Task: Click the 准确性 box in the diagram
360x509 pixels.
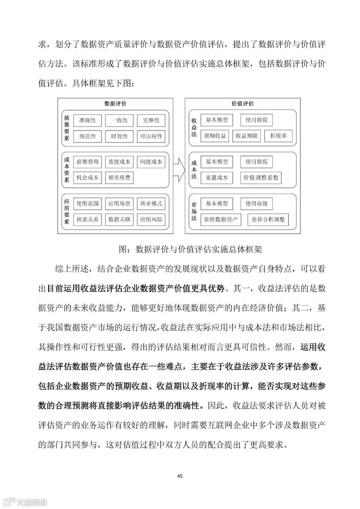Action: pyautogui.click(x=87, y=120)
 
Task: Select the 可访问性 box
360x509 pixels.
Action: pyautogui.click(x=151, y=136)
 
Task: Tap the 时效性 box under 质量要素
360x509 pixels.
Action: pyautogui.click(x=119, y=136)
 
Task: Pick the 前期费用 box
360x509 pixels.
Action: pyautogui.click(x=87, y=162)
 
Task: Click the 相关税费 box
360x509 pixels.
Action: pyautogui.click(x=119, y=177)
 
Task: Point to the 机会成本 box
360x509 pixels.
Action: pyautogui.click(x=87, y=177)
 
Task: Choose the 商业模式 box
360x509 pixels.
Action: pyautogui.click(x=151, y=203)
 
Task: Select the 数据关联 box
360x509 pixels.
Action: pyautogui.click(x=119, y=219)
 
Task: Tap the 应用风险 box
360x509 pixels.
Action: pyautogui.click(x=151, y=219)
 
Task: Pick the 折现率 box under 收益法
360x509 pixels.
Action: pyautogui.click(x=278, y=136)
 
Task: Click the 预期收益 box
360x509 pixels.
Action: pyautogui.click(x=215, y=136)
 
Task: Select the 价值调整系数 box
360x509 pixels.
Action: pyautogui.click(x=261, y=177)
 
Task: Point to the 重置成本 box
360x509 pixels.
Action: pyautogui.click(x=217, y=177)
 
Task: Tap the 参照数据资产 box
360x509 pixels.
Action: pyautogui.click(x=221, y=219)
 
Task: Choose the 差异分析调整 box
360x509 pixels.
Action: pyautogui.click(x=268, y=219)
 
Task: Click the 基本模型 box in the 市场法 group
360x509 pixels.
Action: pyautogui.click(x=217, y=203)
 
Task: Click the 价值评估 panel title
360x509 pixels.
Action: pyautogui.click(x=242, y=103)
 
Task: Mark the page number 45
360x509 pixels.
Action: pyautogui.click(x=180, y=476)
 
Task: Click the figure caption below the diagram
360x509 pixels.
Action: pyautogui.click(x=190, y=249)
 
